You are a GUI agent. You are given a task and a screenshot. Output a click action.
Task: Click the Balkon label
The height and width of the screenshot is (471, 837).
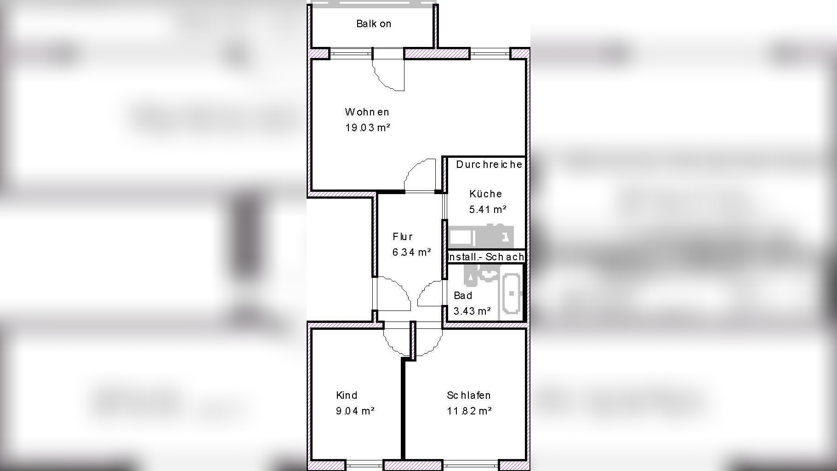point(374,24)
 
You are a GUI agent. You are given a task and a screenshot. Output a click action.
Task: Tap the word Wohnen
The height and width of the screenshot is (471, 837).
point(367,112)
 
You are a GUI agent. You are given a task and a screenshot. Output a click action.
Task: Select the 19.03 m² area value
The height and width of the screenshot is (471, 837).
point(367,127)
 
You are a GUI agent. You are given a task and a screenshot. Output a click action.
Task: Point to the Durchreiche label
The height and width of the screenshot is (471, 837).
point(489,164)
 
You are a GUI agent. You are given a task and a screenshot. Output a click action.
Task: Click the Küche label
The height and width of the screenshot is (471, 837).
point(485,194)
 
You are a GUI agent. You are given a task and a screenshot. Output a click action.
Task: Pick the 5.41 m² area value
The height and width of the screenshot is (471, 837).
point(487,209)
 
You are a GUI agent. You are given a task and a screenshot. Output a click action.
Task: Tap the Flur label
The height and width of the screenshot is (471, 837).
point(403,236)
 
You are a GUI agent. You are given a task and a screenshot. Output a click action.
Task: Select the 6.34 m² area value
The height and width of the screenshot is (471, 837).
point(411,252)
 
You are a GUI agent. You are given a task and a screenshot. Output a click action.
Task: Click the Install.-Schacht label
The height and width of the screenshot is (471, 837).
point(486,257)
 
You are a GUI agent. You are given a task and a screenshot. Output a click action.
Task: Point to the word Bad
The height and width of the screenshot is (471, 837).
point(463,295)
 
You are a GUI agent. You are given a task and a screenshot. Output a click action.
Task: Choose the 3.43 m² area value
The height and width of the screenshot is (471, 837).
point(472,311)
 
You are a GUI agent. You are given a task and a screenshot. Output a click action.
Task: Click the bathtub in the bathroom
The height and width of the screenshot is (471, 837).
point(511,293)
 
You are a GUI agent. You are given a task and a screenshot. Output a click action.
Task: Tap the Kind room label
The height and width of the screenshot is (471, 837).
point(347,395)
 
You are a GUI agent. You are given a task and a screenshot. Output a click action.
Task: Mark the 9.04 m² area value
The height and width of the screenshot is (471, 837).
point(355,411)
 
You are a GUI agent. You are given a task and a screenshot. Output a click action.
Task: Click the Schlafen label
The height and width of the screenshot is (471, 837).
point(468,395)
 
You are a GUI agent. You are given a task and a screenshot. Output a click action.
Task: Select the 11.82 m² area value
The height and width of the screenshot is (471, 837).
point(469,411)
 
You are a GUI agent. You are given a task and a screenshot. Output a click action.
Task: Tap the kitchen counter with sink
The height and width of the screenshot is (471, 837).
point(481,236)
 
